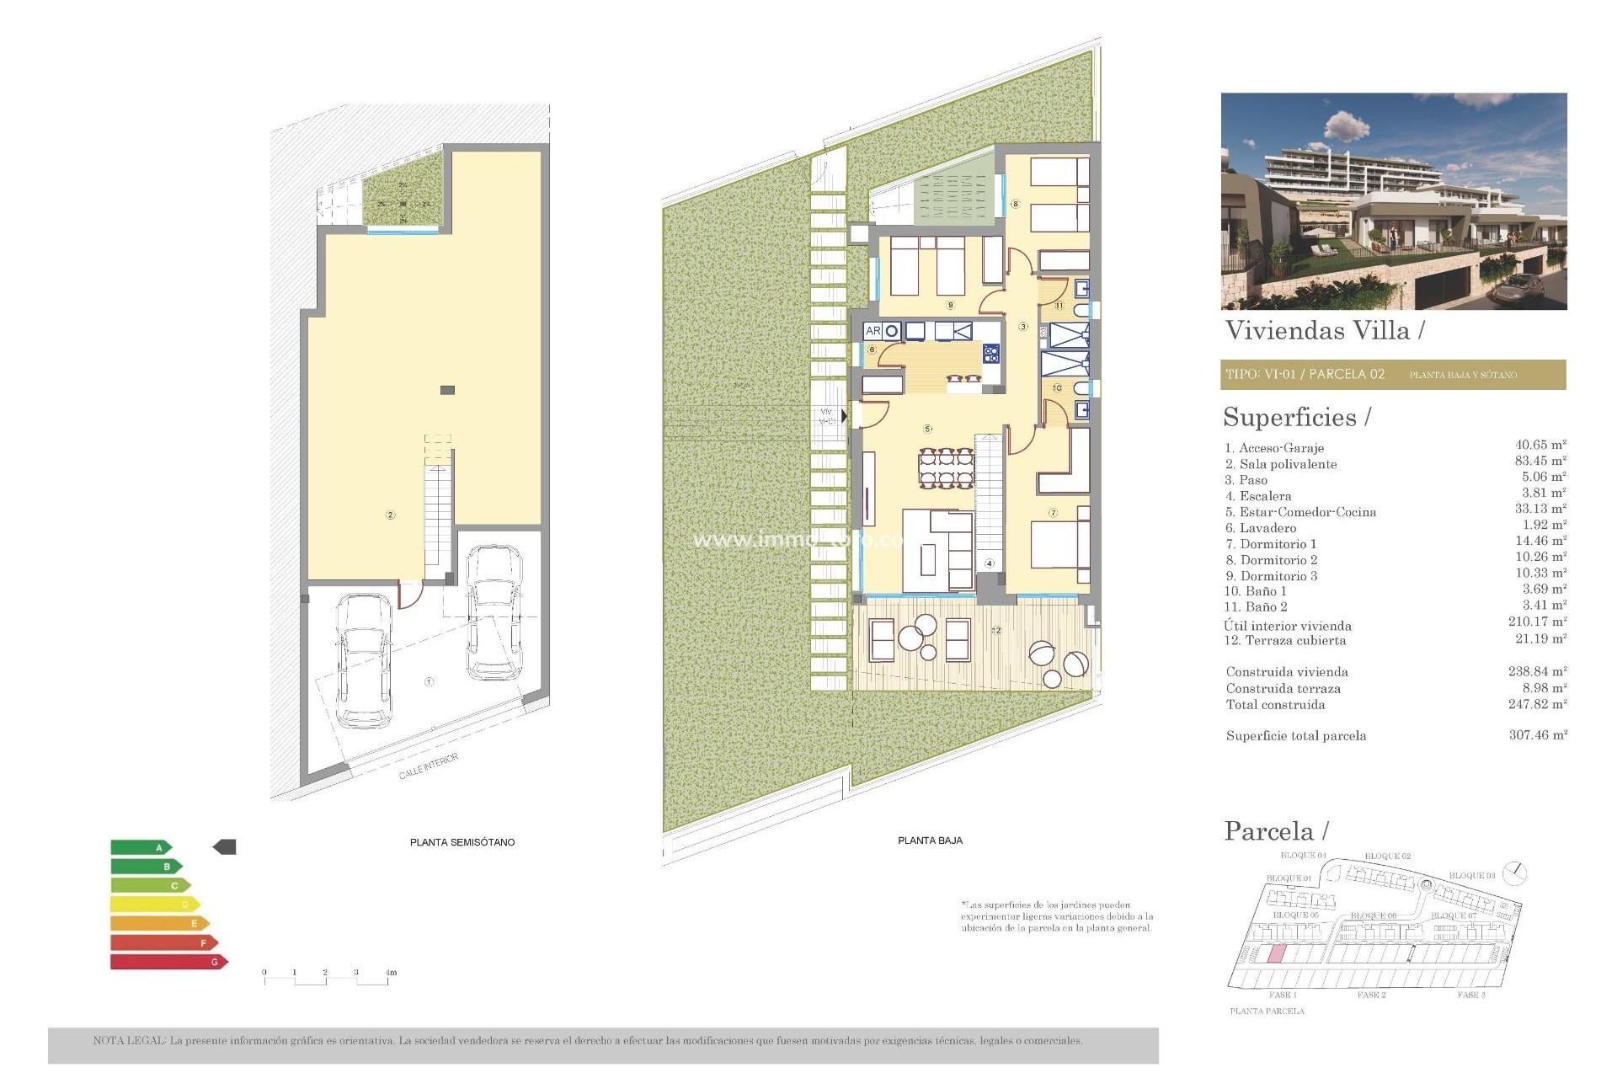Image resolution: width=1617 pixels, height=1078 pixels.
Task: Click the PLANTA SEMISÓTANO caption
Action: pos(462,842)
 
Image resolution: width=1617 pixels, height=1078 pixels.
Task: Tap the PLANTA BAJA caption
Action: pos(930,841)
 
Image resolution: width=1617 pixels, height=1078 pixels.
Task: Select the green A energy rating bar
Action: pos(140,847)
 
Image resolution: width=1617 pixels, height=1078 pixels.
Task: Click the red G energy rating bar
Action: pos(167,962)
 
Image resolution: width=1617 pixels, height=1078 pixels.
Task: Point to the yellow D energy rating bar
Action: pos(153,905)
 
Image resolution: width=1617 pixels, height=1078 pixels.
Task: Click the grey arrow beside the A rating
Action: pos(225,846)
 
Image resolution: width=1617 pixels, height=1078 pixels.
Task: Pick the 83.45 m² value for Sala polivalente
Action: pos(1540,461)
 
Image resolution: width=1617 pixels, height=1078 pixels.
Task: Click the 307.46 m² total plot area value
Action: pos(1537,735)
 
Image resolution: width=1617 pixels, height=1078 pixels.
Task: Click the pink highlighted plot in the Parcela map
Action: pos(1276,954)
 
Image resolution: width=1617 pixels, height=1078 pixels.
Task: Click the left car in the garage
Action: pos(364,661)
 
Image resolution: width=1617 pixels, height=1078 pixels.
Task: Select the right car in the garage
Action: pos(494,612)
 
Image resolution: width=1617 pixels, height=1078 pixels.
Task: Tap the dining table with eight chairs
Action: pos(947,469)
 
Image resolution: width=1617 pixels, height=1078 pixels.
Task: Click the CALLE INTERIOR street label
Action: pos(428,766)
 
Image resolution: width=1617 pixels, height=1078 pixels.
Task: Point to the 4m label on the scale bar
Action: pos(391,973)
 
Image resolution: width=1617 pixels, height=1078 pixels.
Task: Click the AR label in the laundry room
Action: pos(873,332)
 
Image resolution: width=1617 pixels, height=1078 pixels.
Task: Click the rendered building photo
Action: pos(1393,201)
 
